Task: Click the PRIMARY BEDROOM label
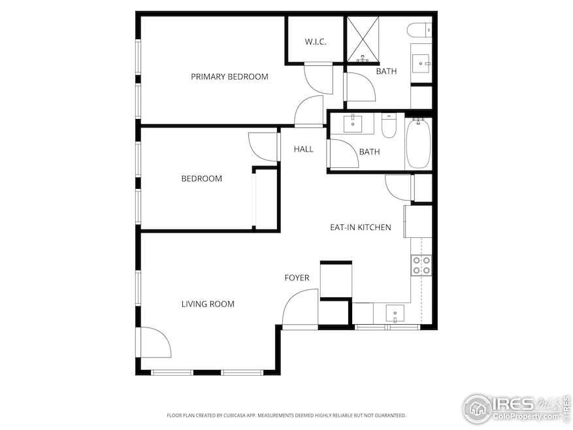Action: [229, 76]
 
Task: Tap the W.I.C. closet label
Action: [315, 42]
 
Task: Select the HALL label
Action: [303, 149]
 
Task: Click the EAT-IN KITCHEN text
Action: [360, 227]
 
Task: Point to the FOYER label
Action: [297, 278]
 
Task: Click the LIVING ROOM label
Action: [208, 304]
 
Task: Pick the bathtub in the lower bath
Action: [418, 144]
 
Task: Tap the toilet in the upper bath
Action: [419, 29]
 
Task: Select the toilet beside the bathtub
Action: [389, 125]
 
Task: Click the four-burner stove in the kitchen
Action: [421, 265]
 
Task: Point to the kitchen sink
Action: [395, 314]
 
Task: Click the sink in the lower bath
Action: [353, 124]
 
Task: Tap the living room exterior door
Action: [156, 342]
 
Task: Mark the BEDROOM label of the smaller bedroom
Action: [201, 178]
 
